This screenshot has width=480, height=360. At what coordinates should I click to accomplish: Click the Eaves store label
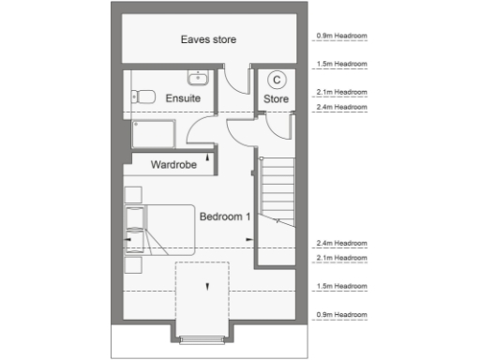pos(208,39)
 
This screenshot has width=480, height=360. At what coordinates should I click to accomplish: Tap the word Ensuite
pos(182,98)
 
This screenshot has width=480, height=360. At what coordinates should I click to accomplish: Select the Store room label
pos(276,97)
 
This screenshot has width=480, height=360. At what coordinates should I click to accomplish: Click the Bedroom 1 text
pos(224,216)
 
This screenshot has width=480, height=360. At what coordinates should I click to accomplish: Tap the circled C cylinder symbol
pos(277,80)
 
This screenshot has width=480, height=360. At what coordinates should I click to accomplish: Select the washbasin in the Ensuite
pos(198,76)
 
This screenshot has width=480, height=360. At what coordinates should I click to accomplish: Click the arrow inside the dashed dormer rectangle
pos(202,287)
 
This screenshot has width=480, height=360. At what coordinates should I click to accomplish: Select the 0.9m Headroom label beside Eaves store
pos(342,37)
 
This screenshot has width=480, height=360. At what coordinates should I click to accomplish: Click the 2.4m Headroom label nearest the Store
pos(342,108)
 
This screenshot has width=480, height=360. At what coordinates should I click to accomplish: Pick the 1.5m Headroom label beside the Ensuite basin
pos(342,65)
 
